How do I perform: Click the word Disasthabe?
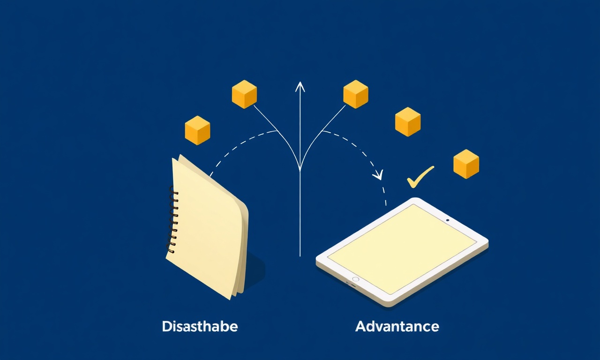click(200, 326)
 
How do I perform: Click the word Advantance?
click(397, 326)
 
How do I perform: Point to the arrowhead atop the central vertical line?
click(300, 87)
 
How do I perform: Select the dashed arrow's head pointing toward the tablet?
click(379, 175)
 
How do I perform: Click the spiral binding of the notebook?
click(172, 220)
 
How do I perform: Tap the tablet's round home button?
click(355, 279)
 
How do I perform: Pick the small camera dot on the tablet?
click(448, 220)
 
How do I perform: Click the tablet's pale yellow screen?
click(402, 249)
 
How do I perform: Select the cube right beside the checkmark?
click(466, 164)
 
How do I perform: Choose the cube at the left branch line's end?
click(244, 94)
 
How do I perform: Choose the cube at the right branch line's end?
click(356, 94)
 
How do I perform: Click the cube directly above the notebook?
click(197, 130)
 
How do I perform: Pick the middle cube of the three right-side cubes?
click(408, 122)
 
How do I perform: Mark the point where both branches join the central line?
click(300, 169)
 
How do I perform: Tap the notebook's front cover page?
click(206, 228)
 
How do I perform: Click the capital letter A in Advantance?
click(360, 326)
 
